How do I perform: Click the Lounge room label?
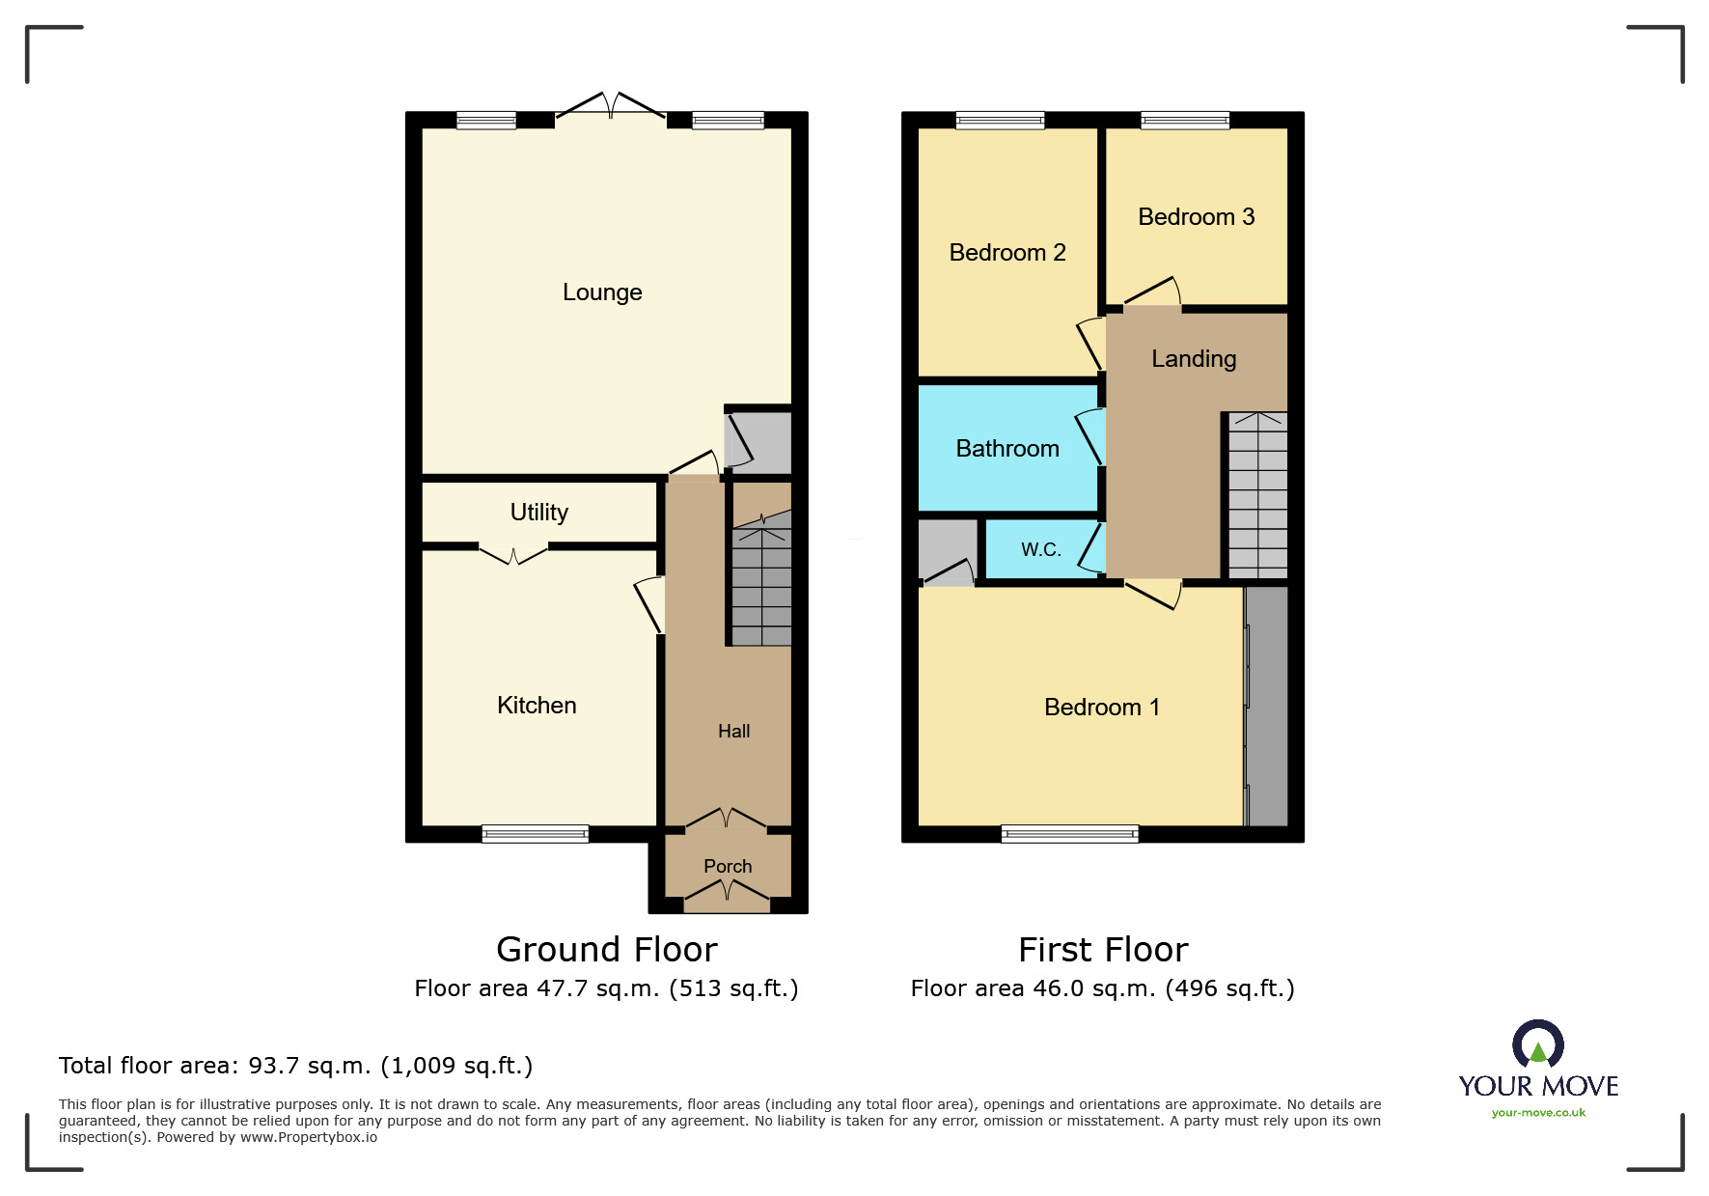coord(602,292)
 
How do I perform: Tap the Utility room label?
coord(538,513)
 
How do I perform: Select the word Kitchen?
coord(537,706)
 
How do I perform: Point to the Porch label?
coord(728,866)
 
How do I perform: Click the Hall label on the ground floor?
coord(733,732)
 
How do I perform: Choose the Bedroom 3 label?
coord(1196,217)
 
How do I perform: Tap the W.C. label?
coord(1041,549)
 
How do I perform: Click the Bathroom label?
coord(1007,449)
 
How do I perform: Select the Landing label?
coord(1194,359)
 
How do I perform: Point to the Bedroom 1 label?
coord(1102,708)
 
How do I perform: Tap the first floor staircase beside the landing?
coord(1257,495)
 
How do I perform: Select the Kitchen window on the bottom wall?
coord(535,834)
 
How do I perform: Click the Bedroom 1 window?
coord(1069,834)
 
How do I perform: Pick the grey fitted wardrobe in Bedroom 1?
coord(1266,706)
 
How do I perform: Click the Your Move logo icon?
coord(1538,1045)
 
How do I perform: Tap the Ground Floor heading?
coord(607,950)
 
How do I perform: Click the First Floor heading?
coord(1103,950)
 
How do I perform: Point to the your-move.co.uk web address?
coord(1538,1113)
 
